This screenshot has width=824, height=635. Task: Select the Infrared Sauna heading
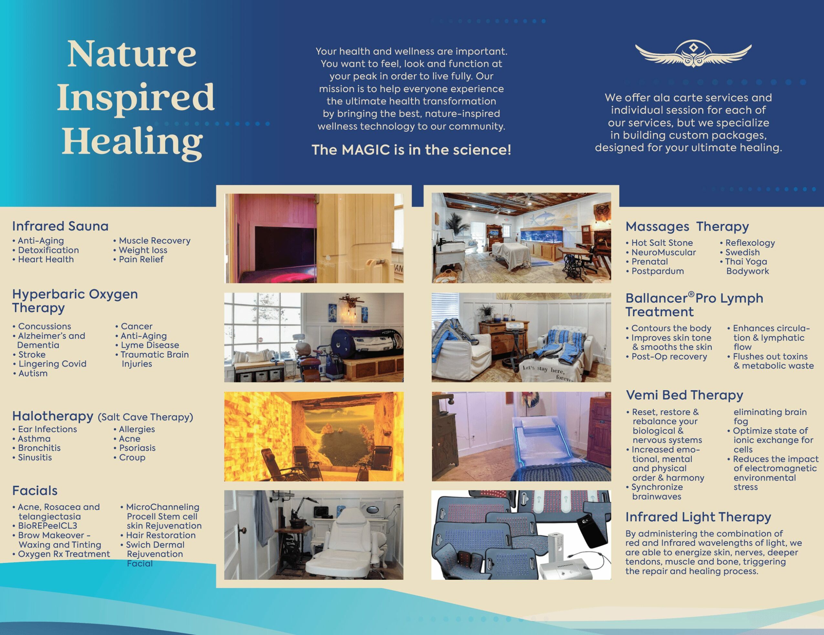click(x=60, y=226)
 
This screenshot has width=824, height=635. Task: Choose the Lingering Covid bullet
click(x=50, y=364)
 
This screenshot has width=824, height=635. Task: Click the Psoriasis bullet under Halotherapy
click(x=135, y=448)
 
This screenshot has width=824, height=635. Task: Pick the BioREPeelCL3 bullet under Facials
click(x=45, y=526)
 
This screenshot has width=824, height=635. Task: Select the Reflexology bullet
click(x=747, y=243)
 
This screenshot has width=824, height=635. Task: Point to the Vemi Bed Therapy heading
click(x=684, y=395)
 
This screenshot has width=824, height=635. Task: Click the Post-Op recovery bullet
click(x=666, y=356)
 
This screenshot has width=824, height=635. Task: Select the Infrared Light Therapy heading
click(x=698, y=517)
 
